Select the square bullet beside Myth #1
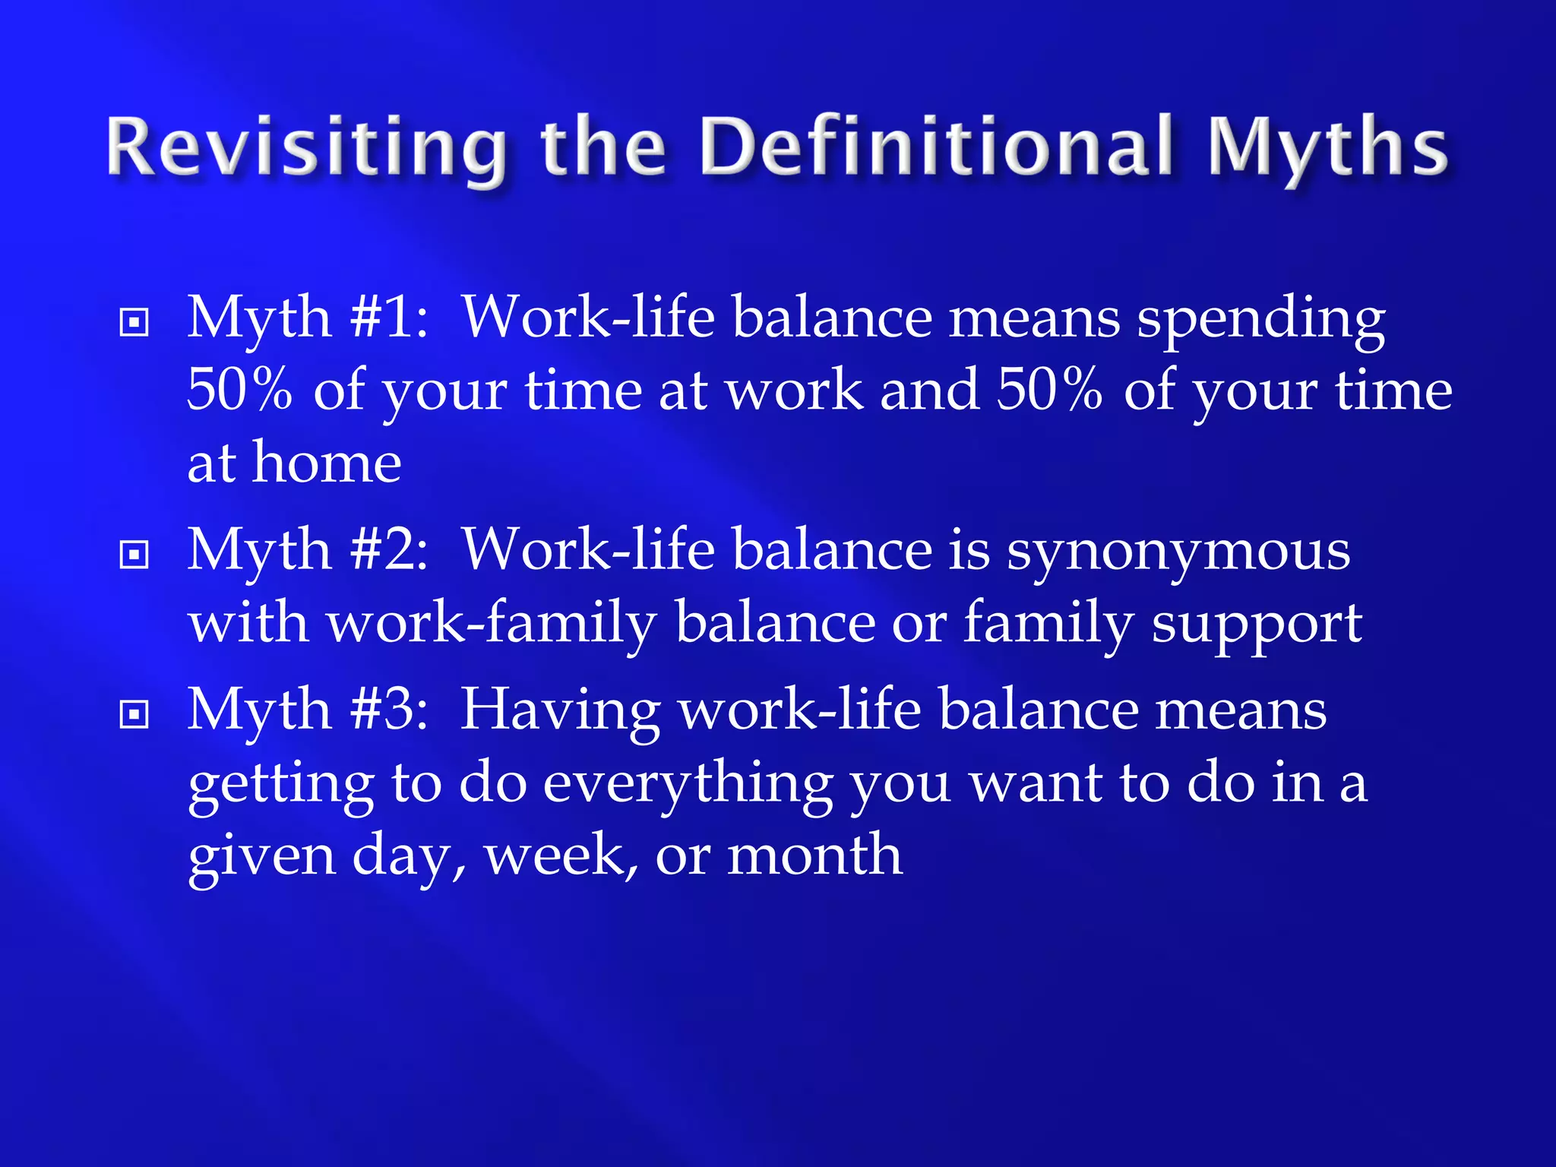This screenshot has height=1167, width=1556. (134, 322)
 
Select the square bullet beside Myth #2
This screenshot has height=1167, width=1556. (134, 555)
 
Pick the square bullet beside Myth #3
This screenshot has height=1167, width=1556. (134, 714)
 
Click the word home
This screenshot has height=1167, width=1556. (327, 463)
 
